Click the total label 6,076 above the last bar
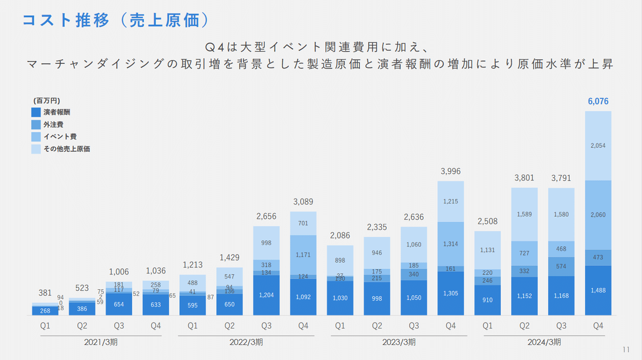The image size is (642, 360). pos(598,101)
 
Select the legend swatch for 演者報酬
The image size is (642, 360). pos(36,112)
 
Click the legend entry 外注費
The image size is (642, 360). pos(53,125)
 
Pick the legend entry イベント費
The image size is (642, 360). pos(57,137)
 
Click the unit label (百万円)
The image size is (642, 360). pos(47,100)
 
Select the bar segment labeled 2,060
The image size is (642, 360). pos(598,215)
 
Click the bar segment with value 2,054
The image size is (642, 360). pos(598,145)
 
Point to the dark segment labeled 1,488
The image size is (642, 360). pos(598,290)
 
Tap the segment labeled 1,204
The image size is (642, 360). pos(266,295)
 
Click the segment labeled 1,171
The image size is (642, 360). pos(303,256)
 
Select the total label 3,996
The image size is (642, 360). pos(450,171)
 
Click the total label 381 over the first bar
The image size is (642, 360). pos(45,293)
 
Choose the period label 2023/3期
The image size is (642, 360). pos(399,342)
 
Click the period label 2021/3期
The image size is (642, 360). pos(101,342)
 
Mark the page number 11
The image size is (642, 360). pos(626,350)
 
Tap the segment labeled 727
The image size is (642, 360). pos(524,252)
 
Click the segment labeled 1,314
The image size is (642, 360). pos(450,243)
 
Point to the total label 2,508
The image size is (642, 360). pos(487,221)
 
